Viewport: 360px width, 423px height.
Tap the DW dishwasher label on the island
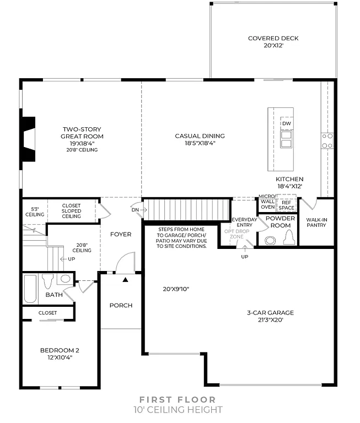[286, 123]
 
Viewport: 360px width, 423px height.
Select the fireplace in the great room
[27, 139]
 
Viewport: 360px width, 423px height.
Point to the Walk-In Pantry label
[316, 223]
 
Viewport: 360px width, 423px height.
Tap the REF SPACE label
[286, 205]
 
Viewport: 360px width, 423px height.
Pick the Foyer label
[121, 235]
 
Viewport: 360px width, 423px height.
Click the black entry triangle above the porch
[125, 280]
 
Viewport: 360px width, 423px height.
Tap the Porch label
[121, 305]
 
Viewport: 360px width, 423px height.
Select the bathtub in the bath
[30, 289]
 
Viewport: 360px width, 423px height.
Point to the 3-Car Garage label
[270, 312]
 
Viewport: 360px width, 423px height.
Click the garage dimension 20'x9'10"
[176, 289]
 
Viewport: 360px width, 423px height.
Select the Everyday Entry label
[243, 222]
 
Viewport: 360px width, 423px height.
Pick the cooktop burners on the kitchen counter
[327, 140]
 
